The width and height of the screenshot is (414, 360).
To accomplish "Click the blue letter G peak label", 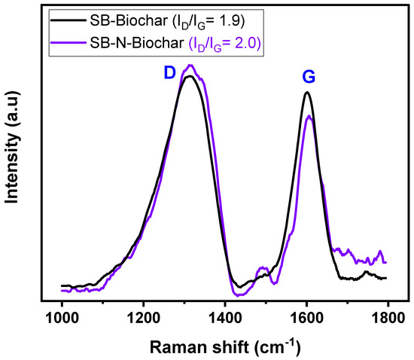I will click(x=308, y=77).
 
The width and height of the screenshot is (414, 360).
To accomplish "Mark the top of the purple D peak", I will click(x=191, y=66).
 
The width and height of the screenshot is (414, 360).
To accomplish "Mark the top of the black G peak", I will click(x=306, y=93).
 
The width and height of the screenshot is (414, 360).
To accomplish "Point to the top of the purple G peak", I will click(x=309, y=116).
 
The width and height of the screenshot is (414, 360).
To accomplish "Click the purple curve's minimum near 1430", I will click(x=232, y=294).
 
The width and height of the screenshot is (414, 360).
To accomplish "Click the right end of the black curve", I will click(x=386, y=278).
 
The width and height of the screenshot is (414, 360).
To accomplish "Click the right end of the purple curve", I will click(x=386, y=262).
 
